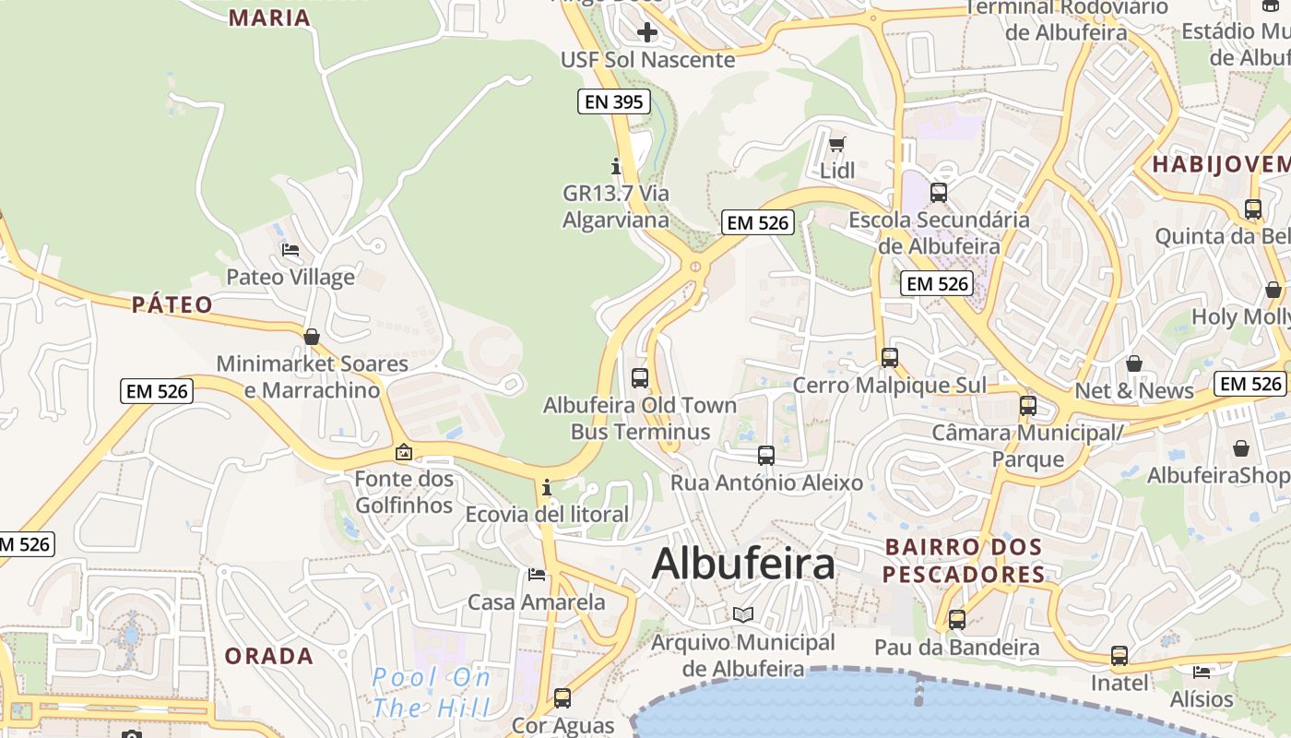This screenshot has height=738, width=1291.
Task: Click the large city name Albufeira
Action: click(743, 564)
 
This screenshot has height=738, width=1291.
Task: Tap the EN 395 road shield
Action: click(614, 101)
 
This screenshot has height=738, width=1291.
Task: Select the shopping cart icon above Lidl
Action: click(836, 143)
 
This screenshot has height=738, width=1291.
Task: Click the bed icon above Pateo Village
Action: click(290, 249)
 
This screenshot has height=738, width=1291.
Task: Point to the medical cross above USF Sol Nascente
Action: click(647, 33)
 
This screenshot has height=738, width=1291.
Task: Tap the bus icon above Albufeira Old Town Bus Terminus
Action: click(639, 377)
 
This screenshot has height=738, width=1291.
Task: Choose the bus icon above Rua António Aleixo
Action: click(765, 455)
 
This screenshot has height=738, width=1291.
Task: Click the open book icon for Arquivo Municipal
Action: click(742, 614)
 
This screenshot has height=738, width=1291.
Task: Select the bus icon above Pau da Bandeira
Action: click(956, 619)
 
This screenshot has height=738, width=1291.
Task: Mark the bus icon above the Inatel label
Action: click(1119, 656)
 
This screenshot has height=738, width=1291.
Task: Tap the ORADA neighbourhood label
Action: click(269, 656)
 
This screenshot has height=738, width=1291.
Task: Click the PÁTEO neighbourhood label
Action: click(172, 304)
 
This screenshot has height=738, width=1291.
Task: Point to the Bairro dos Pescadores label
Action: click(964, 560)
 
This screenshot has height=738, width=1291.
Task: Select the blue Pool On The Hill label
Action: click(432, 693)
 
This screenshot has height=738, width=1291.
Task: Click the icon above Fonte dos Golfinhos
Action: click(404, 452)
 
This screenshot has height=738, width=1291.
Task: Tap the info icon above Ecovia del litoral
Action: click(547, 486)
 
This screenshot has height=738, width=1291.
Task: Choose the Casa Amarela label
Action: click(537, 602)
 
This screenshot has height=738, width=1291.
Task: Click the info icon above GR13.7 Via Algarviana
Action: click(616, 166)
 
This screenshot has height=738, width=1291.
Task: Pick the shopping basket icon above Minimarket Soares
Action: click(312, 337)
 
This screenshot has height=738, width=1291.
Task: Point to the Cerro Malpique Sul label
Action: click(889, 385)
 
